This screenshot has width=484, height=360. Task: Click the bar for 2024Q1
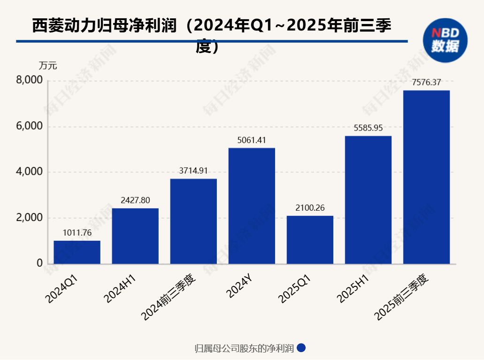pyautogui.click(x=77, y=252)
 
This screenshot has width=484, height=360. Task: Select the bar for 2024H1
pyautogui.click(x=135, y=236)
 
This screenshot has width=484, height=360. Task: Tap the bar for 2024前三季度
pyautogui.click(x=193, y=221)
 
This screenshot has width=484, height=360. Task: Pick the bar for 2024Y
pyautogui.click(x=252, y=206)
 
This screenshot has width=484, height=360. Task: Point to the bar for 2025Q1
pyautogui.click(x=310, y=239)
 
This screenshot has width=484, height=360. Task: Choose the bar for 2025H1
pyautogui.click(x=368, y=199)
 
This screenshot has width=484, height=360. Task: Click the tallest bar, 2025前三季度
pyautogui.click(x=426, y=177)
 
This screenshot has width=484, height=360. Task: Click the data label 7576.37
pyautogui.click(x=426, y=82)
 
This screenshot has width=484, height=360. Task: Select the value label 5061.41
pyautogui.click(x=252, y=140)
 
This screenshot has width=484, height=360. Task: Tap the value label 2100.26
pyautogui.click(x=310, y=207)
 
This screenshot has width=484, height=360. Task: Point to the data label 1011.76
pyautogui.click(x=77, y=232)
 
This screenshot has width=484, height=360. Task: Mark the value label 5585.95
pyautogui.click(x=368, y=128)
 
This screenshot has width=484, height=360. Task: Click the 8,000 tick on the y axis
pyautogui.click(x=30, y=81)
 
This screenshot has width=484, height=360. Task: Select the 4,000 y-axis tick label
pyautogui.click(x=30, y=172)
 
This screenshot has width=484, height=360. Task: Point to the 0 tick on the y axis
pyautogui.click(x=40, y=264)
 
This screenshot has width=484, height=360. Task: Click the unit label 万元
pyautogui.click(x=48, y=66)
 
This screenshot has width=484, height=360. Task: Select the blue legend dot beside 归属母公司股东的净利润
pyautogui.click(x=302, y=348)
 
